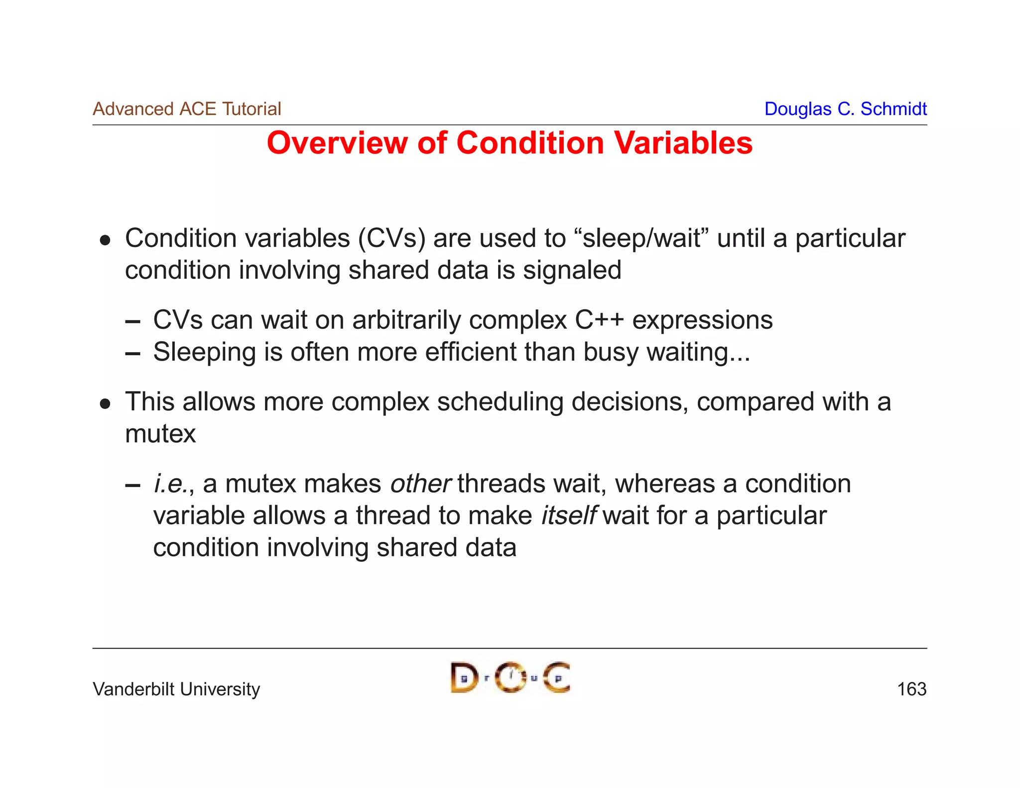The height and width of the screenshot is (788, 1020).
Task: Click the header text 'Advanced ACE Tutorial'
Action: click(x=187, y=109)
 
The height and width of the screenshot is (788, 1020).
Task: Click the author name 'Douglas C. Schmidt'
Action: click(x=845, y=109)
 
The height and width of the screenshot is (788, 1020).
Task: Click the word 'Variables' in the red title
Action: click(x=683, y=143)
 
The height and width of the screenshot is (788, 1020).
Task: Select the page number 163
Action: click(x=911, y=689)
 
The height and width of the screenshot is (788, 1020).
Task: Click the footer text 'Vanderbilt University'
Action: click(x=176, y=689)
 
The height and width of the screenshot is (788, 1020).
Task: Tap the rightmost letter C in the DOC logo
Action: click(x=556, y=677)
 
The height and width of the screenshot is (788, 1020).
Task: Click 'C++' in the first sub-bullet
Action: click(x=599, y=320)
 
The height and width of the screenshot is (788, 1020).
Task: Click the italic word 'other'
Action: click(x=420, y=484)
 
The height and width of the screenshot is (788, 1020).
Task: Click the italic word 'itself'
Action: click(x=568, y=516)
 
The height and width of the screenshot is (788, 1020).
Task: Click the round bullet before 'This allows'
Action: click(x=105, y=403)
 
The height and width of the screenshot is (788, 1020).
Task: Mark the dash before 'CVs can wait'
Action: click(x=132, y=322)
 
